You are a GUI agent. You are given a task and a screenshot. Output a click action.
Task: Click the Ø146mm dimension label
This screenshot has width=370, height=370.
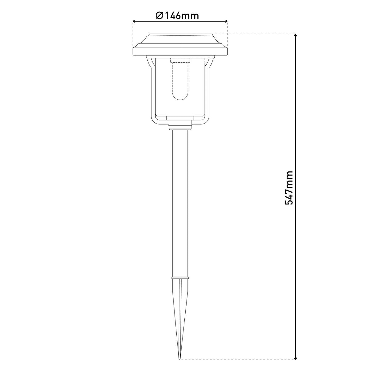tap(177, 15)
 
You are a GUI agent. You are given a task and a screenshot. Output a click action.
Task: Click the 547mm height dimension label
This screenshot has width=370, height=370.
tap(289, 187)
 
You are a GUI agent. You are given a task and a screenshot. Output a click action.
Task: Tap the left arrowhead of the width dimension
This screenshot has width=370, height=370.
tap(134, 21)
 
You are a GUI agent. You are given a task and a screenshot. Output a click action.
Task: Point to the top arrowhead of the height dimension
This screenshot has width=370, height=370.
tap(295, 36)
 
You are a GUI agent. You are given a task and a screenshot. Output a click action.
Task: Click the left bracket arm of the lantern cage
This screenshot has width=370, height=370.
tap(152, 92)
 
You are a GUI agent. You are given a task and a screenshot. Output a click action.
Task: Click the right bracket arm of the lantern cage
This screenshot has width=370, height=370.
tap(208, 92)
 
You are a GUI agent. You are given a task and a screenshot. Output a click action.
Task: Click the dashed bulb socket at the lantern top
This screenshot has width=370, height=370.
tap(180, 59)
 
